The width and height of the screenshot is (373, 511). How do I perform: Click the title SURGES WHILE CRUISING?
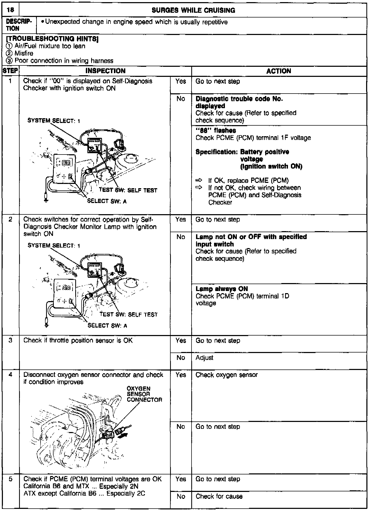coord(193,10)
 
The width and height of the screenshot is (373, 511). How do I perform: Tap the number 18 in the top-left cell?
coord(10,10)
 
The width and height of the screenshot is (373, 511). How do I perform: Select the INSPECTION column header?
coord(105,71)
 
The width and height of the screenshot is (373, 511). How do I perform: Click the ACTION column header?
coord(279,71)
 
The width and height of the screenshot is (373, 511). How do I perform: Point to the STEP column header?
coord(10,71)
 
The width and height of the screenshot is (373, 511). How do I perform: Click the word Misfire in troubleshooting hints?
coord(24,53)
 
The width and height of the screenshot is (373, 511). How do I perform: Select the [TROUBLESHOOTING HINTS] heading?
coord(52,39)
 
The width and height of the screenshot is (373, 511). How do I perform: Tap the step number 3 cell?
coord(10,340)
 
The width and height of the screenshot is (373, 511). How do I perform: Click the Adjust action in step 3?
coord(204,358)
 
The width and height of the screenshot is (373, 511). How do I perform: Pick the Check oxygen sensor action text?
coord(227,375)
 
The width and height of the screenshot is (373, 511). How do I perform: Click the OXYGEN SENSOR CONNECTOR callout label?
coord(144,394)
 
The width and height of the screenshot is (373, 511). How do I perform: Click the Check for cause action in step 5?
coord(219,496)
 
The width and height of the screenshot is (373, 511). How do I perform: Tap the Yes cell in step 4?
coord(181,375)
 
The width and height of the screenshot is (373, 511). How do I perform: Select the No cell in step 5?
coord(181,496)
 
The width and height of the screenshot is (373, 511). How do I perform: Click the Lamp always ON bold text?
coord(221,289)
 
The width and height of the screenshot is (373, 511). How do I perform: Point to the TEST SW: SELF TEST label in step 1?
coord(128,190)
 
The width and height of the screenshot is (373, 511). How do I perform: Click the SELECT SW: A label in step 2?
coord(107,325)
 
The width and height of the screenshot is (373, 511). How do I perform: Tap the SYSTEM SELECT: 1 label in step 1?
coord(54,121)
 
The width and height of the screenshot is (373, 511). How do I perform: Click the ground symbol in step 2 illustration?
coord(47,324)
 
